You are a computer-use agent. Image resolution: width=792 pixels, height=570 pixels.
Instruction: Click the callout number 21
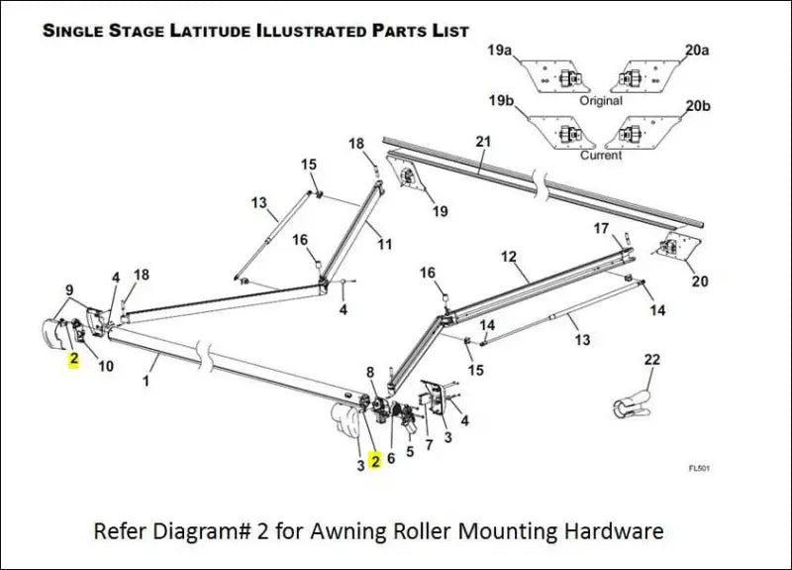(x=482, y=142)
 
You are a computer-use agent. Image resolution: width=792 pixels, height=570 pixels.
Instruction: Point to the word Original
(x=601, y=100)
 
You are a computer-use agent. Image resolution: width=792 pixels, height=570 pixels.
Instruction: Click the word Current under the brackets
(x=601, y=155)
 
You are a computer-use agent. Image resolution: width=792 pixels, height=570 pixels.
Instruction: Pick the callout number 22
(x=651, y=359)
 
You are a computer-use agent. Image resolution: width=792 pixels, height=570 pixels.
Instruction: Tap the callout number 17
(x=601, y=228)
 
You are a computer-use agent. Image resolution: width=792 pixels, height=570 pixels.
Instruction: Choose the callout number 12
(x=509, y=256)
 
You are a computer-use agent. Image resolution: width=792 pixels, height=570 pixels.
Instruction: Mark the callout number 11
(x=384, y=243)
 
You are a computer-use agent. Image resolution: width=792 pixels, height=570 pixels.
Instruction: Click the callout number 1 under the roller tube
(x=147, y=380)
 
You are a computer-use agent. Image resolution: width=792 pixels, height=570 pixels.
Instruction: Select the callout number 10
(x=105, y=366)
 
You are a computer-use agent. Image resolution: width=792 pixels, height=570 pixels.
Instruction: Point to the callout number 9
(x=68, y=289)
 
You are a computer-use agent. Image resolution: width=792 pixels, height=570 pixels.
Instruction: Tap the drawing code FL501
(x=700, y=469)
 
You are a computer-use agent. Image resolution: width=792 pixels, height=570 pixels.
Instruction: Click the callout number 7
(x=428, y=444)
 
